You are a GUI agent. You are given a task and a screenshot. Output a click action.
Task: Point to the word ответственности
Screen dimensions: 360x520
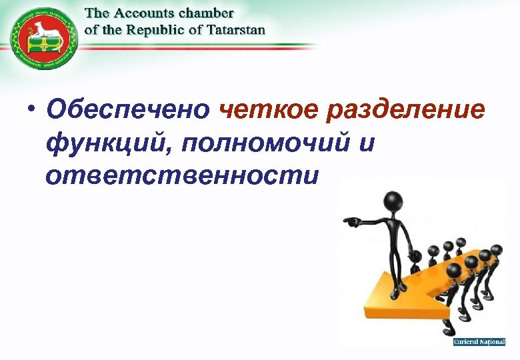pyautogui.click(x=179, y=175)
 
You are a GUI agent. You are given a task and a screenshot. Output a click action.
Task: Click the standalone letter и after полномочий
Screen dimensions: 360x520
pyautogui.click(x=364, y=143)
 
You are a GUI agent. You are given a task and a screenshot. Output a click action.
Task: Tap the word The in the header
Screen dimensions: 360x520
pyautogui.click(x=99, y=13)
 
